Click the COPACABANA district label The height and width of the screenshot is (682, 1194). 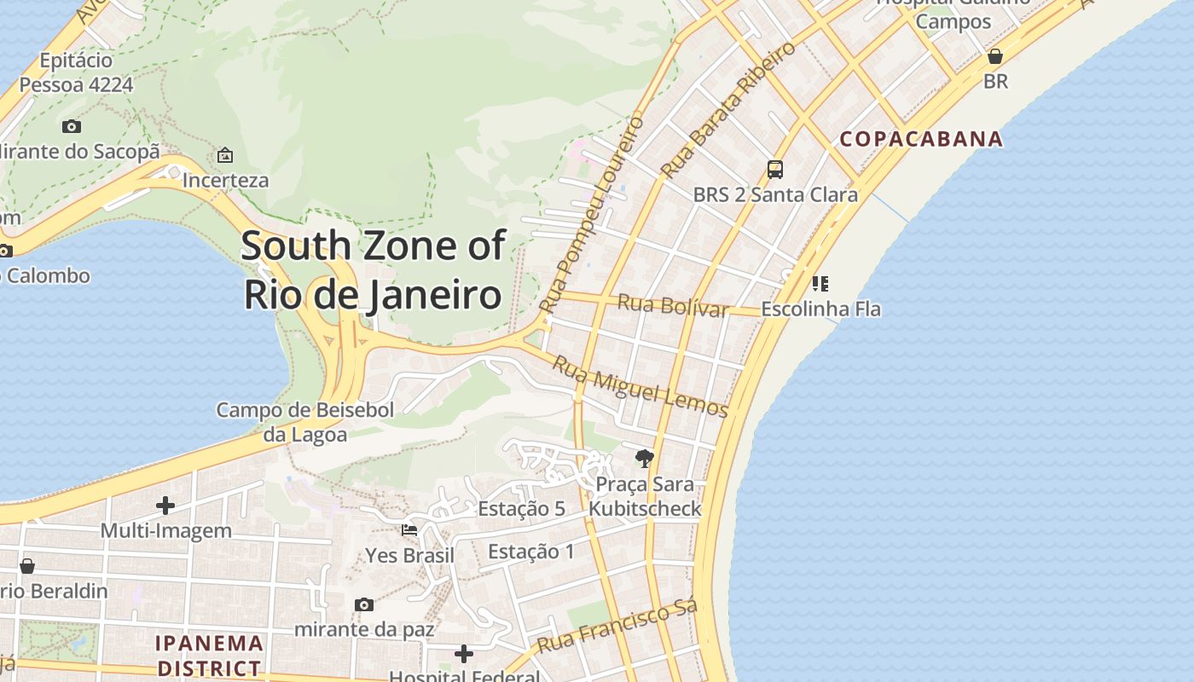(921, 139)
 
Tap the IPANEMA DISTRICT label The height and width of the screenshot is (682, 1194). (209, 655)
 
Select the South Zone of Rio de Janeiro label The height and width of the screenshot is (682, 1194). (373, 269)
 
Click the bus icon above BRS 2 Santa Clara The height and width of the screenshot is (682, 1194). (774, 169)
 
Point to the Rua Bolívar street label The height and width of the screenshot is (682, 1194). (672, 304)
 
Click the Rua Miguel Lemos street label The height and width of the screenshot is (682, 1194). (640, 388)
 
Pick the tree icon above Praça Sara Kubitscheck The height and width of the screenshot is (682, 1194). (645, 459)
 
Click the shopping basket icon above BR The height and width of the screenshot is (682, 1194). (994, 56)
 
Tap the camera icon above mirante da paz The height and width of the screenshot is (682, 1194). (364, 604)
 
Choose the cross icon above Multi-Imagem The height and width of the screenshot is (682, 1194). (165, 506)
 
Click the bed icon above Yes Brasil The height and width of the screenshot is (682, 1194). (409, 529)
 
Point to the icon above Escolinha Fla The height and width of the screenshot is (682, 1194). (820, 283)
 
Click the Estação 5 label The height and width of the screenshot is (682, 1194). (521, 509)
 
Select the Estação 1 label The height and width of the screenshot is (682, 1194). (531, 552)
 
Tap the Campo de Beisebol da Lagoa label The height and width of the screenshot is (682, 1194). (304, 422)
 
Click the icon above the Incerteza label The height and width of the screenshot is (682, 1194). (225, 155)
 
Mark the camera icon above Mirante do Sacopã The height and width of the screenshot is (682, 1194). (72, 126)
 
